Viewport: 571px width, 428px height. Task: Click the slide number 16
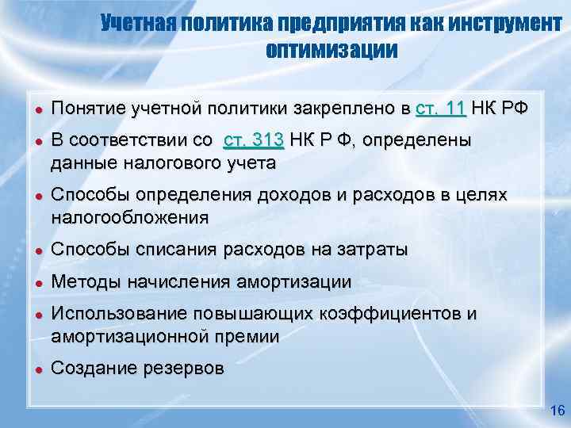coord(556,411)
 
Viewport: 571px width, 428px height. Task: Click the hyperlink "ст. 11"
coord(440,109)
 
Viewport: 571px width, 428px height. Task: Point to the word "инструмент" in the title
coord(504,24)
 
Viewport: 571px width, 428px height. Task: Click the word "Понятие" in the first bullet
coord(87,109)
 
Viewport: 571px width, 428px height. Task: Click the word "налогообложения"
coord(130,217)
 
